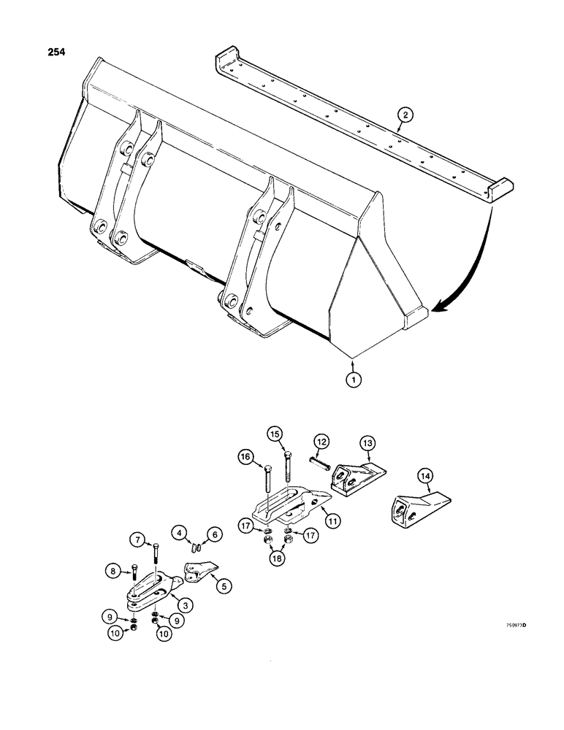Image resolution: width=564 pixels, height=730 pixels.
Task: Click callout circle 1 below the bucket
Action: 354,379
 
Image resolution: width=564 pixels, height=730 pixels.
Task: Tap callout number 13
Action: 367,442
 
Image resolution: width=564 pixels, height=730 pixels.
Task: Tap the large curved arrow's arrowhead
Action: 436,310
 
